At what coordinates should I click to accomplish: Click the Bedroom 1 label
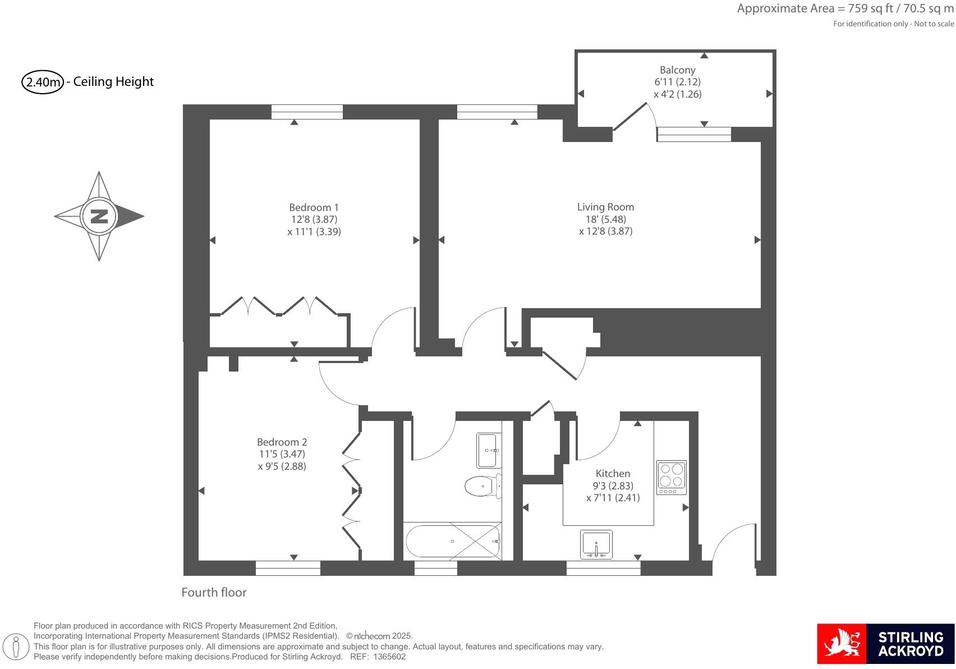click(314, 207)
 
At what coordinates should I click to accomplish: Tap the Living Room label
click(605, 207)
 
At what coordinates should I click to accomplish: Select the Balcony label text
click(677, 70)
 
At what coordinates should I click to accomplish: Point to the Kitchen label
click(613, 474)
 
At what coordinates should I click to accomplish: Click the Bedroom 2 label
click(282, 442)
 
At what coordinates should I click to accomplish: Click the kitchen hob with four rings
click(672, 478)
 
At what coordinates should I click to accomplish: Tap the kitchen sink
click(596, 544)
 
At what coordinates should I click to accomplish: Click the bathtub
click(452, 541)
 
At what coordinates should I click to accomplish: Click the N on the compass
click(99, 216)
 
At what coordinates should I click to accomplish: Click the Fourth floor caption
click(214, 593)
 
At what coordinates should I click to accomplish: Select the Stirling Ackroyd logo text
click(910, 644)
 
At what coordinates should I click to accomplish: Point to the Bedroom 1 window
click(307, 112)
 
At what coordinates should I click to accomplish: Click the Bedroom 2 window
click(288, 568)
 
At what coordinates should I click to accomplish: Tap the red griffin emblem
click(842, 644)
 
